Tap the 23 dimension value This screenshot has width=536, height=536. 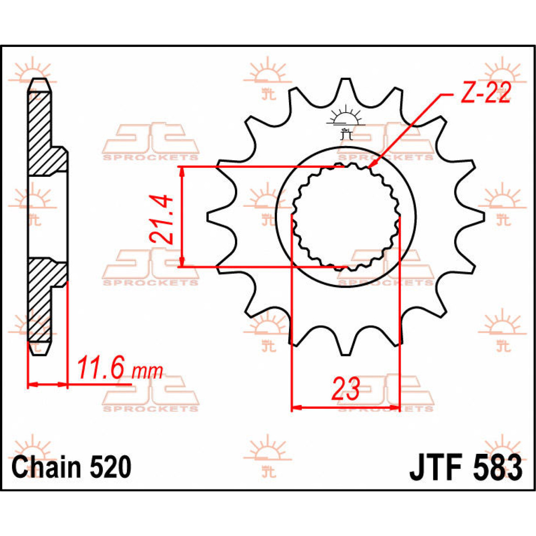pyautogui.click(x=345, y=389)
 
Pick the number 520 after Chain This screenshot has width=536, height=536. pyautogui.click(x=110, y=467)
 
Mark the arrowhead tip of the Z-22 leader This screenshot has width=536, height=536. pyautogui.click(x=368, y=168)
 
